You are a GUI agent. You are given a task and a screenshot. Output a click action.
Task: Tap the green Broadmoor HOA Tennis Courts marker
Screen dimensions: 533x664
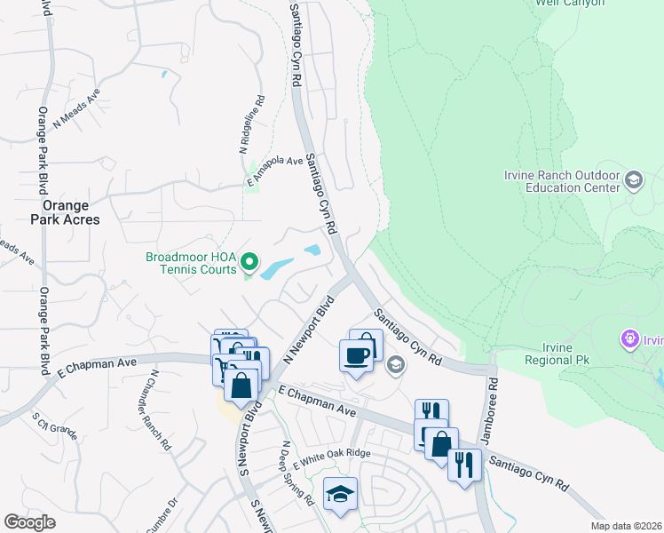249,262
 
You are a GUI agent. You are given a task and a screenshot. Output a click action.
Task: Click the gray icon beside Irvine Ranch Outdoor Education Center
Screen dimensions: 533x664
634,181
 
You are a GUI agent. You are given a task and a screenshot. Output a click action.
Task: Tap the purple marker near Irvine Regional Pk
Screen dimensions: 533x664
630,338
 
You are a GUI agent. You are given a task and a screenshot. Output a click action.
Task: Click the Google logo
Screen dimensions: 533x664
29,522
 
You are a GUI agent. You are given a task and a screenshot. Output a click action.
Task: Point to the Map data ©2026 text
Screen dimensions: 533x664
626,526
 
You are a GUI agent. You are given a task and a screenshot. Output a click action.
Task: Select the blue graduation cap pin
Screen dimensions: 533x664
341,494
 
